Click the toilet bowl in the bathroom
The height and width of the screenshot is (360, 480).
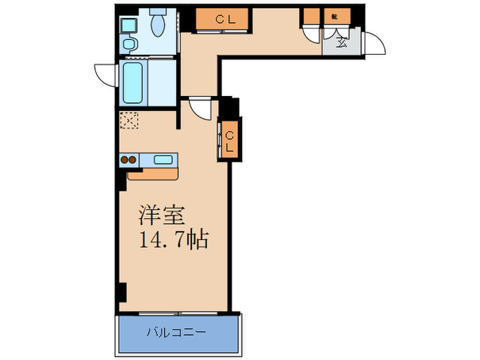(158, 23)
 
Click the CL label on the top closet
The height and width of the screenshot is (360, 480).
(225, 20)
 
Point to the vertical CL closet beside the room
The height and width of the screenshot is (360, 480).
(230, 141)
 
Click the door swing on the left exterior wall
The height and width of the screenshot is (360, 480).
(106, 74)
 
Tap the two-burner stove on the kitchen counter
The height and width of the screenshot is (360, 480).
(129, 160)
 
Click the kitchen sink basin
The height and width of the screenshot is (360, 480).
(163, 160)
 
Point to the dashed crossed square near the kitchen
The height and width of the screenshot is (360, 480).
(129, 121)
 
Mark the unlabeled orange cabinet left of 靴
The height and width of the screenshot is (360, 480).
(312, 17)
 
